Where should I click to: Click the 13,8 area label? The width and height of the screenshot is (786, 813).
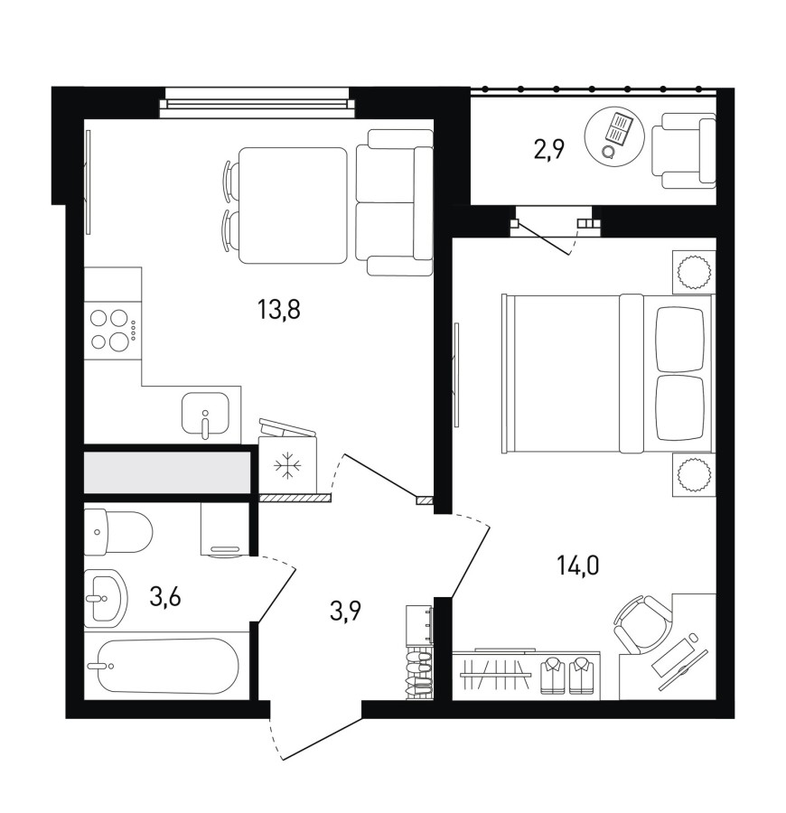(278, 311)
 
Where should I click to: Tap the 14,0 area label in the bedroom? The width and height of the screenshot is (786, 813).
(577, 565)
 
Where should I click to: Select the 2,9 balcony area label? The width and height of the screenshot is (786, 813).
(548, 151)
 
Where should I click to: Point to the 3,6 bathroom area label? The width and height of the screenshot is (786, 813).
(164, 597)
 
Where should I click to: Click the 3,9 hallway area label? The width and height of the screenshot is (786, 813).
(345, 611)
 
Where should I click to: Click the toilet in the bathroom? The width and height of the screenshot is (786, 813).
(118, 530)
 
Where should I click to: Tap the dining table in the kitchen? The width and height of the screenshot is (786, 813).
(293, 205)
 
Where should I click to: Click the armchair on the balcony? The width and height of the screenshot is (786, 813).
(684, 151)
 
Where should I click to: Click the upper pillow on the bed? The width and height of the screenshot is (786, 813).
(679, 340)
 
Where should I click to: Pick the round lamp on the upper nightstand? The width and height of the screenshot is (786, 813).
(694, 272)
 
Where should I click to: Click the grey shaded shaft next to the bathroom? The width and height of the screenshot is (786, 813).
(167, 472)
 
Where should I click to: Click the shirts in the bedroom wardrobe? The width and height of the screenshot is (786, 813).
(566, 675)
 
